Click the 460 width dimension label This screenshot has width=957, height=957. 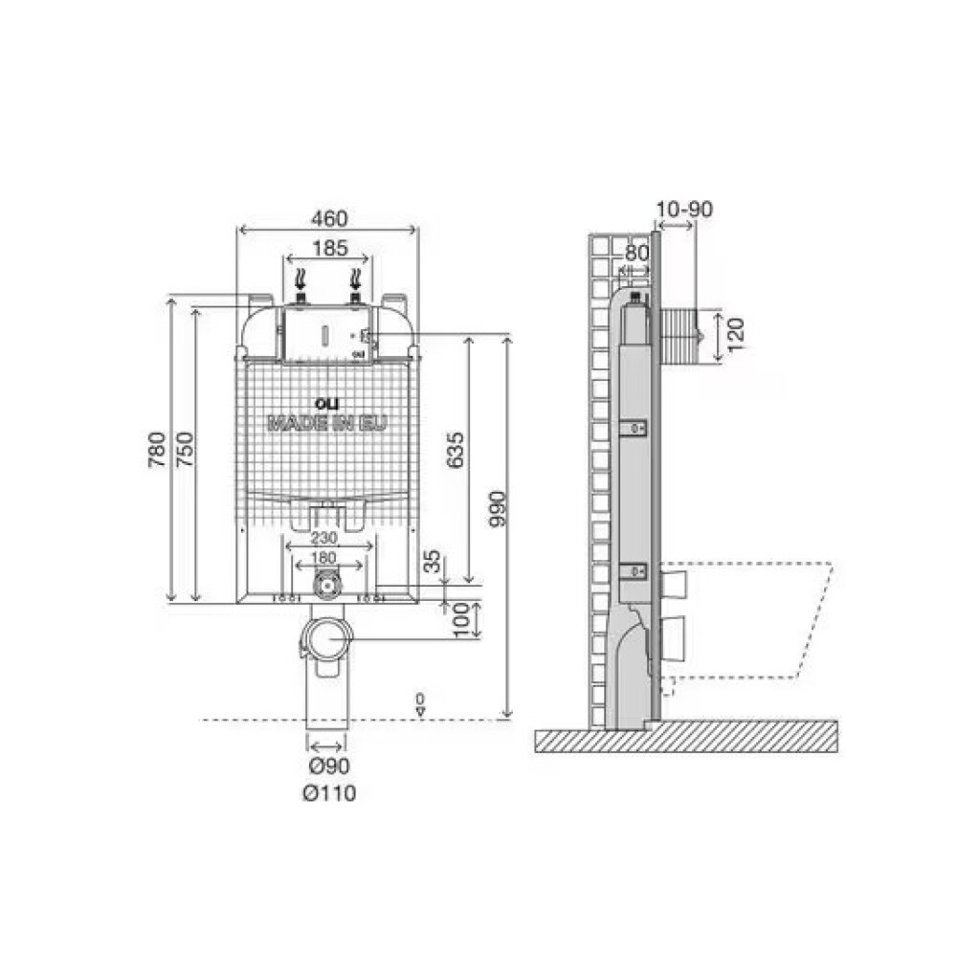[x=329, y=218]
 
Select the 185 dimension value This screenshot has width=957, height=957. [x=329, y=249]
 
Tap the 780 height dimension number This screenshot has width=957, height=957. [x=157, y=449]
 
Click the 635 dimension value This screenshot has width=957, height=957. [x=455, y=450]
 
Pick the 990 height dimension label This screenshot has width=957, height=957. [x=498, y=509]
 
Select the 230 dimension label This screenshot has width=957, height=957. [x=324, y=538]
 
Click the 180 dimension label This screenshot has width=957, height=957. [x=323, y=558]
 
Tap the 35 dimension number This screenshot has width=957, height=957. [x=433, y=561]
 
